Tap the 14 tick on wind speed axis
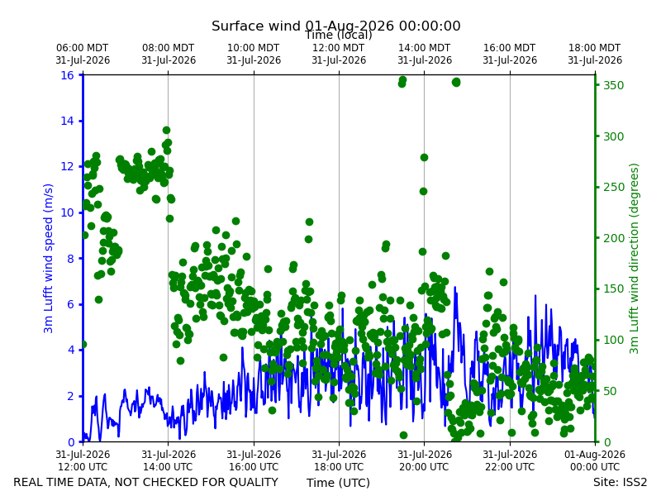coord(67,121)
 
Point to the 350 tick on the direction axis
coord(613,85)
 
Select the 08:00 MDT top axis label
coord(169,54)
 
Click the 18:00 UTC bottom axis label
coord(339,460)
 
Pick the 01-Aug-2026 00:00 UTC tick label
coord(595,460)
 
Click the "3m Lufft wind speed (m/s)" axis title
coord(48,258)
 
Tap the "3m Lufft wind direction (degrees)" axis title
coord(634,259)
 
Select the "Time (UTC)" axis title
coord(338,483)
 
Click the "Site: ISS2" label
coord(620,482)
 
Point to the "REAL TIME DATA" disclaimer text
coord(146,482)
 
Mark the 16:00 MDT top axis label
coord(510,54)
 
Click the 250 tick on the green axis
coord(613,187)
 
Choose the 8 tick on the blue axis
coord(70,258)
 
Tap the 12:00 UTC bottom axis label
coord(83,460)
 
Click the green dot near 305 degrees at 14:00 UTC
coord(167,131)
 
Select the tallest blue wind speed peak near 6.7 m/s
coord(454,288)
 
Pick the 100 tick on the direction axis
coord(613,340)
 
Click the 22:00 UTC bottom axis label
coord(510,460)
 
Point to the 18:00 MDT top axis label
coord(595,54)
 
